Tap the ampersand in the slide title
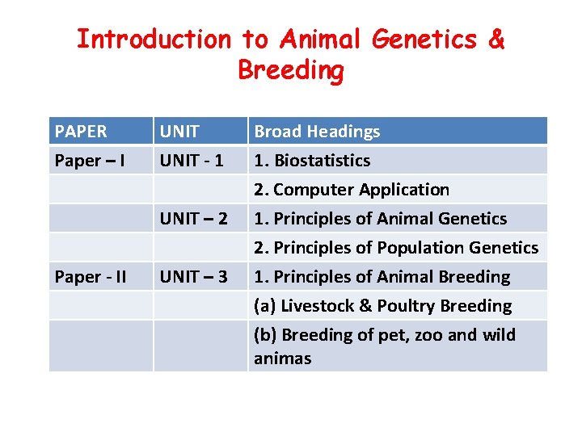pyautogui.click(x=496, y=39)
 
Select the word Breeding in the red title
pyautogui.click(x=291, y=70)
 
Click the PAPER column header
pyautogui.click(x=80, y=132)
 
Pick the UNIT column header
pyautogui.click(x=179, y=132)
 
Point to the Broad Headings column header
pyautogui.click(x=317, y=132)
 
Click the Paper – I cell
pyautogui.click(x=89, y=161)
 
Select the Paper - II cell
pyautogui.click(x=91, y=277)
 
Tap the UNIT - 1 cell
pyautogui.click(x=192, y=161)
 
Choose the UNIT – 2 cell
pyautogui.click(x=193, y=219)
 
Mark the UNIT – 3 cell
pyautogui.click(x=193, y=277)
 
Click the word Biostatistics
pyautogui.click(x=322, y=161)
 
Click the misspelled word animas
pyautogui.click(x=282, y=358)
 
